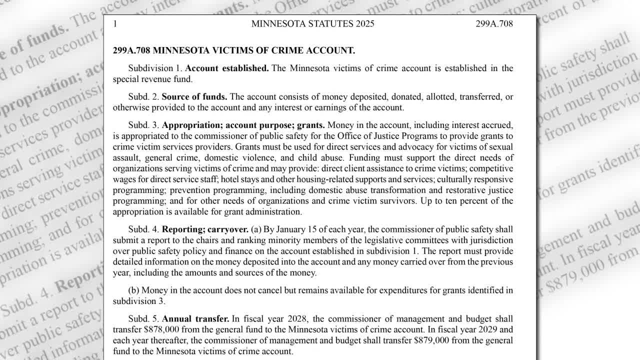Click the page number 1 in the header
pos(115,23)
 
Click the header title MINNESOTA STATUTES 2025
pos(312,23)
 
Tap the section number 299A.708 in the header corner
pos(494,23)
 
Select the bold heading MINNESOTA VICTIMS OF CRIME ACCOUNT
pos(253,50)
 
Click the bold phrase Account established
pos(227,68)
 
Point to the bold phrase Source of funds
pos(194,96)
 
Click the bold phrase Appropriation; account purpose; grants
pos(243,125)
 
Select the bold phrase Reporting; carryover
pos(205,229)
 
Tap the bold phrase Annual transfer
pos(195,318)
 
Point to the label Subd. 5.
pos(144,318)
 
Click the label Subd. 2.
pos(144,96)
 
